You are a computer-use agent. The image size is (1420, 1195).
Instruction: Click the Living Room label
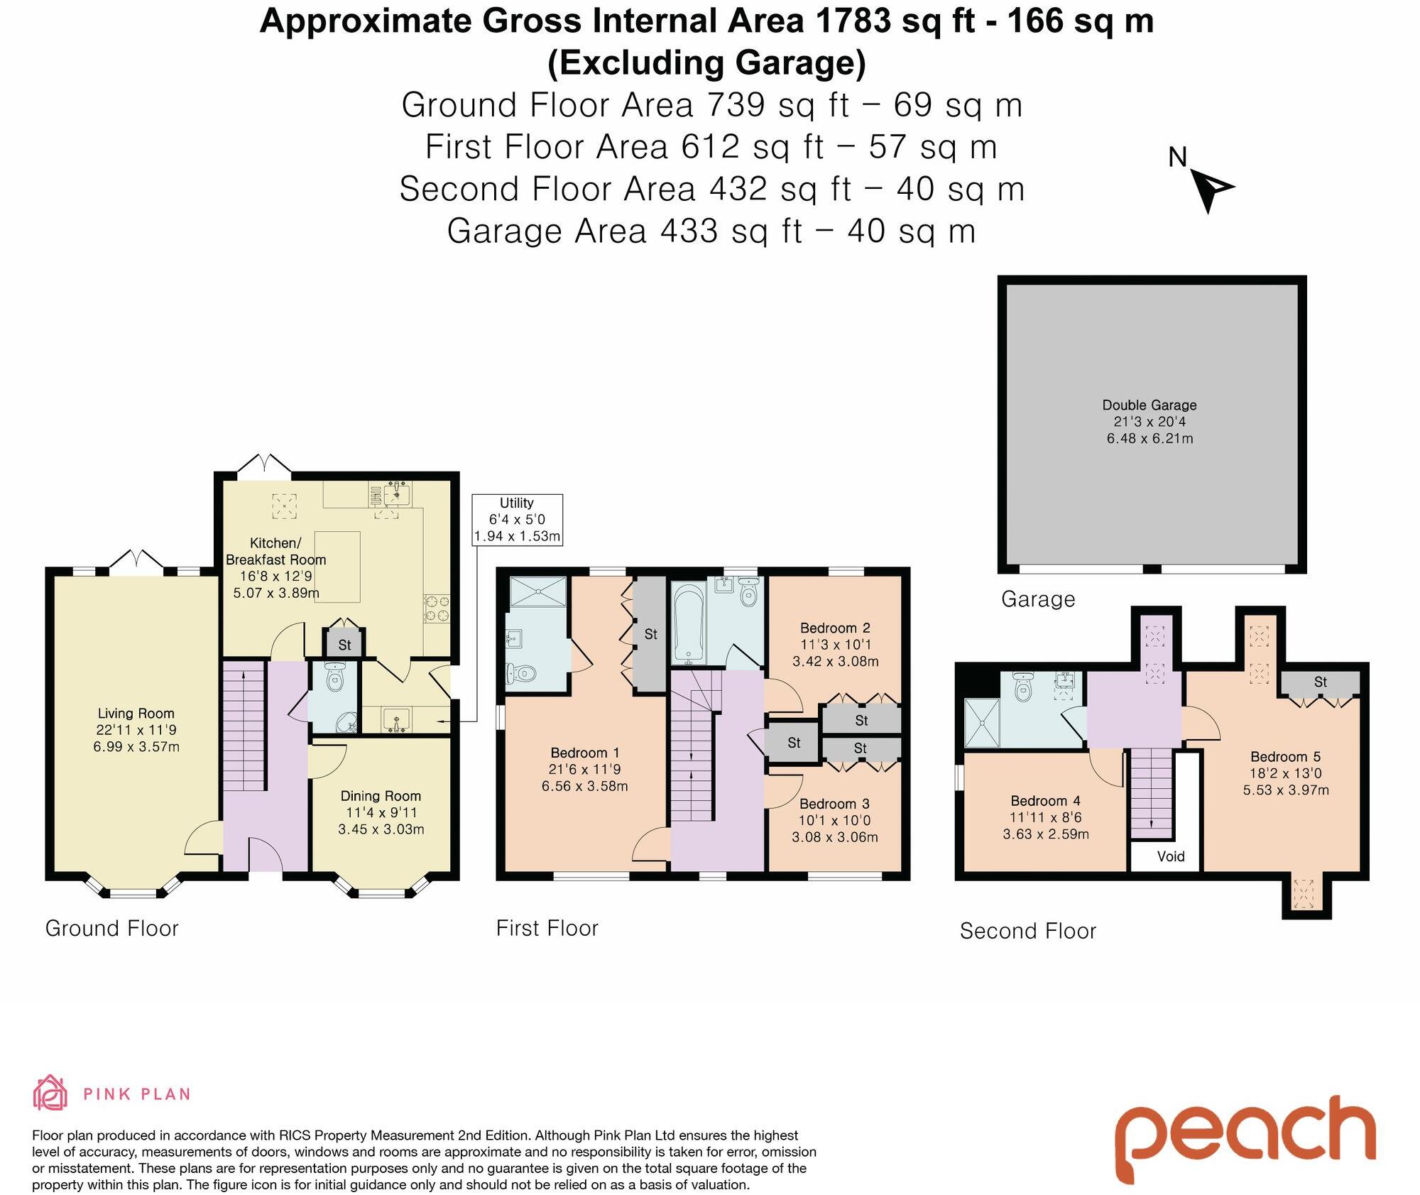pos(136,714)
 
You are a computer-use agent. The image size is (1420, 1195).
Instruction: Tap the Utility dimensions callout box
pos(517,520)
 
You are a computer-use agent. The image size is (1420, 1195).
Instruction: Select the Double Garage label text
pos(1149,405)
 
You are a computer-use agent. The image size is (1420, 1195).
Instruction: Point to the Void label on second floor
pos(1170,856)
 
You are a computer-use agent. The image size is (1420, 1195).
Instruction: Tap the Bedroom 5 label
pos(1285,757)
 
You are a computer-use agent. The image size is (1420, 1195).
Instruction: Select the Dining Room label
pos(381,796)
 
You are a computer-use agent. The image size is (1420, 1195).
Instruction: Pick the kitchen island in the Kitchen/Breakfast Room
pos(338,567)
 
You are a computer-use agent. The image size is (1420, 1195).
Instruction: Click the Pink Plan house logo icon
pos(50,1093)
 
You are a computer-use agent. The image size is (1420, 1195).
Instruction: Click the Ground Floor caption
pos(111,929)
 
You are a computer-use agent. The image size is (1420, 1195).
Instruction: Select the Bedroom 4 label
pos(1045,801)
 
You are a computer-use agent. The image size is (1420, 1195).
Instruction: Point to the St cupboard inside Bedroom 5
pos(1320,683)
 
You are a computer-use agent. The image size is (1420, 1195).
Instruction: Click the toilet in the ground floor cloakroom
pos(334,680)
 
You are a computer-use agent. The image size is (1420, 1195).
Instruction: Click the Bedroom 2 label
pos(835,628)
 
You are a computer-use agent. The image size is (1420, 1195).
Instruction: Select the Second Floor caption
pos(1027,932)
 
